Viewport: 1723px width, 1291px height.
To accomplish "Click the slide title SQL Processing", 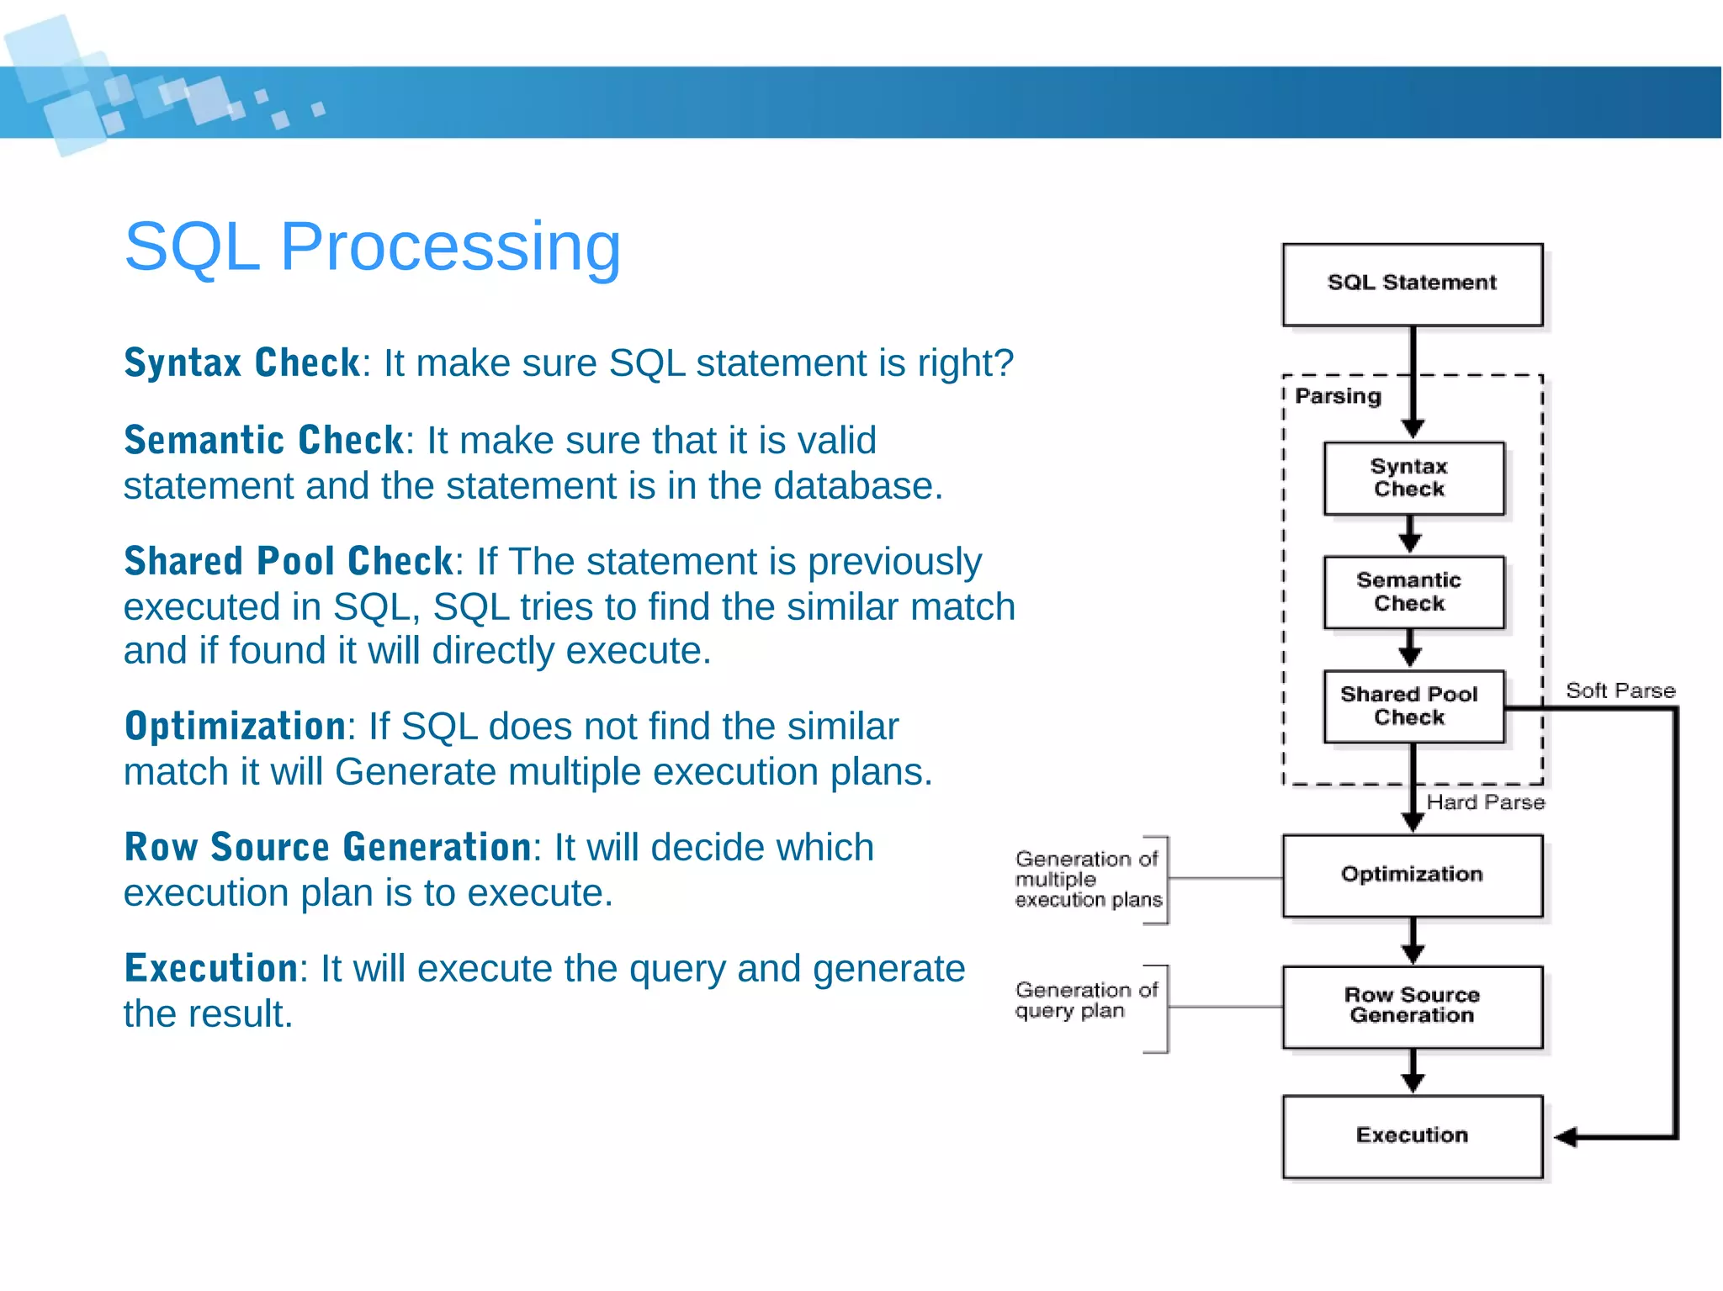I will [x=373, y=246].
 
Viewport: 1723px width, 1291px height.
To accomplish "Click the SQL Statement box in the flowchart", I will [x=1412, y=284].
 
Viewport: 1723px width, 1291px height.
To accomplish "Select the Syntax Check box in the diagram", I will [x=1413, y=478].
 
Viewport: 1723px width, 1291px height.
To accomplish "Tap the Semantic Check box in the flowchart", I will [x=1413, y=592].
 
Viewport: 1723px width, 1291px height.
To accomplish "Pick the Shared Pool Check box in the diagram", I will [x=1413, y=706].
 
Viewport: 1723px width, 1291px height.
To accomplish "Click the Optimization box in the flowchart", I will [x=1412, y=876].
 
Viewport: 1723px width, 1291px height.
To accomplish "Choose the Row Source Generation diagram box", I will [x=1412, y=1006].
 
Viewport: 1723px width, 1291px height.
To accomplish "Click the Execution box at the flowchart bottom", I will [x=1412, y=1135].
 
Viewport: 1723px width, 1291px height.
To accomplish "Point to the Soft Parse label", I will [x=1620, y=690].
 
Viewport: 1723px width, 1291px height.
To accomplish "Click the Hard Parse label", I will [x=1485, y=802].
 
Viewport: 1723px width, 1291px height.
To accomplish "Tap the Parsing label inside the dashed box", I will [x=1338, y=396].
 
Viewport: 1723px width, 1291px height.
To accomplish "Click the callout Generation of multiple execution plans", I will [x=1088, y=880].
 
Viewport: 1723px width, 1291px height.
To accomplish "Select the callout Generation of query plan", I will [x=1085, y=1000].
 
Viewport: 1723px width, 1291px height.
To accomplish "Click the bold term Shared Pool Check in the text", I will [x=289, y=561].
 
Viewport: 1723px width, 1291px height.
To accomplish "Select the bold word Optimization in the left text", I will [x=235, y=726].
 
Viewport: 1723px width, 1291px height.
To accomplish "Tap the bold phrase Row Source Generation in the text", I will [x=327, y=847].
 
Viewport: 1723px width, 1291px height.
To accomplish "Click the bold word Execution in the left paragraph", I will [x=210, y=968].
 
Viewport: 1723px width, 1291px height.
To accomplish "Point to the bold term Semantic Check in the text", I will [x=263, y=440].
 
